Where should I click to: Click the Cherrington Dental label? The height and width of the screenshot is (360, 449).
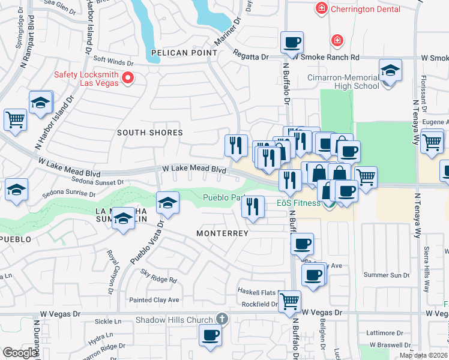tap(361, 8)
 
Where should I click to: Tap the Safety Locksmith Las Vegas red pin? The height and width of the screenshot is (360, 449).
tap(127, 78)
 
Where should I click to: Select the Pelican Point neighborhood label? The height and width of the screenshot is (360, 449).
tap(184, 53)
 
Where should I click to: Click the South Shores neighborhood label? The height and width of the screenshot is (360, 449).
tap(149, 133)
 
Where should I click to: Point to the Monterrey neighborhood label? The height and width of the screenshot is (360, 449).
tap(222, 233)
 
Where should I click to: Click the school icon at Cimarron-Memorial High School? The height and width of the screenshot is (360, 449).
tap(390, 71)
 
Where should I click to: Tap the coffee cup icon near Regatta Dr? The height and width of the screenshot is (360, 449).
tap(292, 43)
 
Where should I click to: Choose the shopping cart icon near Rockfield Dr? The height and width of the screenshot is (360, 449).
tap(289, 301)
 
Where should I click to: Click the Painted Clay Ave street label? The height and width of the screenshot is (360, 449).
tap(154, 300)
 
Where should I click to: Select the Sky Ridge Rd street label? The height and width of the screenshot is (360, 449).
tap(158, 276)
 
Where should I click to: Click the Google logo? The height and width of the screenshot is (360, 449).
tap(20, 353)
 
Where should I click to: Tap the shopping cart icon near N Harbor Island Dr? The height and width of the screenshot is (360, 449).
tap(15, 119)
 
